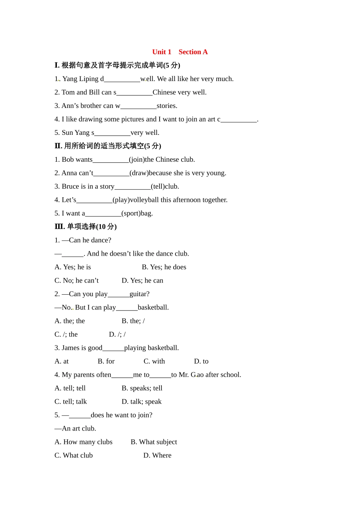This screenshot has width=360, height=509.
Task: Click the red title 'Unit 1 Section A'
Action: pos(180,52)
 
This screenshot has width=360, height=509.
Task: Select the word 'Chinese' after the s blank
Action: pos(164,92)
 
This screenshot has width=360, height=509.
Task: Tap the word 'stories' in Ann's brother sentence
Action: pos(167,106)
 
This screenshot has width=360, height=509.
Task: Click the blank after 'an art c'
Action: pos(239,119)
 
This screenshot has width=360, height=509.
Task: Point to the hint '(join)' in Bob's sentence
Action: pos(137,159)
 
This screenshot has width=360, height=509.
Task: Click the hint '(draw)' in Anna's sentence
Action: pos(139,173)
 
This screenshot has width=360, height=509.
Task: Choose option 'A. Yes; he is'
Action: pos(73,267)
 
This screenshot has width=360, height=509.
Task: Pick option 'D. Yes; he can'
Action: pos(142,281)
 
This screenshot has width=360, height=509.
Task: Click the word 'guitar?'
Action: pos(139,294)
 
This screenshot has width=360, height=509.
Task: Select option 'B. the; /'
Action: pos(133,321)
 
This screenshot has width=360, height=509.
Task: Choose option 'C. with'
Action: pos(154,361)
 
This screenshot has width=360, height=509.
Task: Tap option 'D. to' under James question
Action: pos(201,361)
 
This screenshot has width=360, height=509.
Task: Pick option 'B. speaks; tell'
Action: pos(142,388)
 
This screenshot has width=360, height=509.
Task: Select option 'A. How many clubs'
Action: pos(83,442)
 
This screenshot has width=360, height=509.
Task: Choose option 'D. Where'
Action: pos(157,455)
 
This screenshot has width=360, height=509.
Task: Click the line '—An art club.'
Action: pos(75,428)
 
